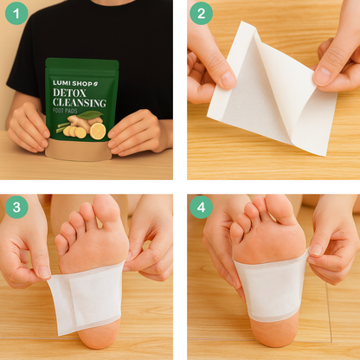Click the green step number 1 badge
(x=16, y=13)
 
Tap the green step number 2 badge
(x=201, y=13)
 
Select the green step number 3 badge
(x=16, y=207)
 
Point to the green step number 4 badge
(x=201, y=207)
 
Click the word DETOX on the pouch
(x=69, y=93)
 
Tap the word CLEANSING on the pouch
(x=80, y=103)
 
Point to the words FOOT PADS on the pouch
(x=65, y=111)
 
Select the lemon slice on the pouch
(x=98, y=131)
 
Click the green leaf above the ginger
(x=90, y=115)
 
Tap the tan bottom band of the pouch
(x=79, y=150)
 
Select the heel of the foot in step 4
(x=273, y=331)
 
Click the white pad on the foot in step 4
(x=271, y=288)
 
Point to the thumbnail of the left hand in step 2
(x=228, y=79)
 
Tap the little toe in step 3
(x=61, y=244)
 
